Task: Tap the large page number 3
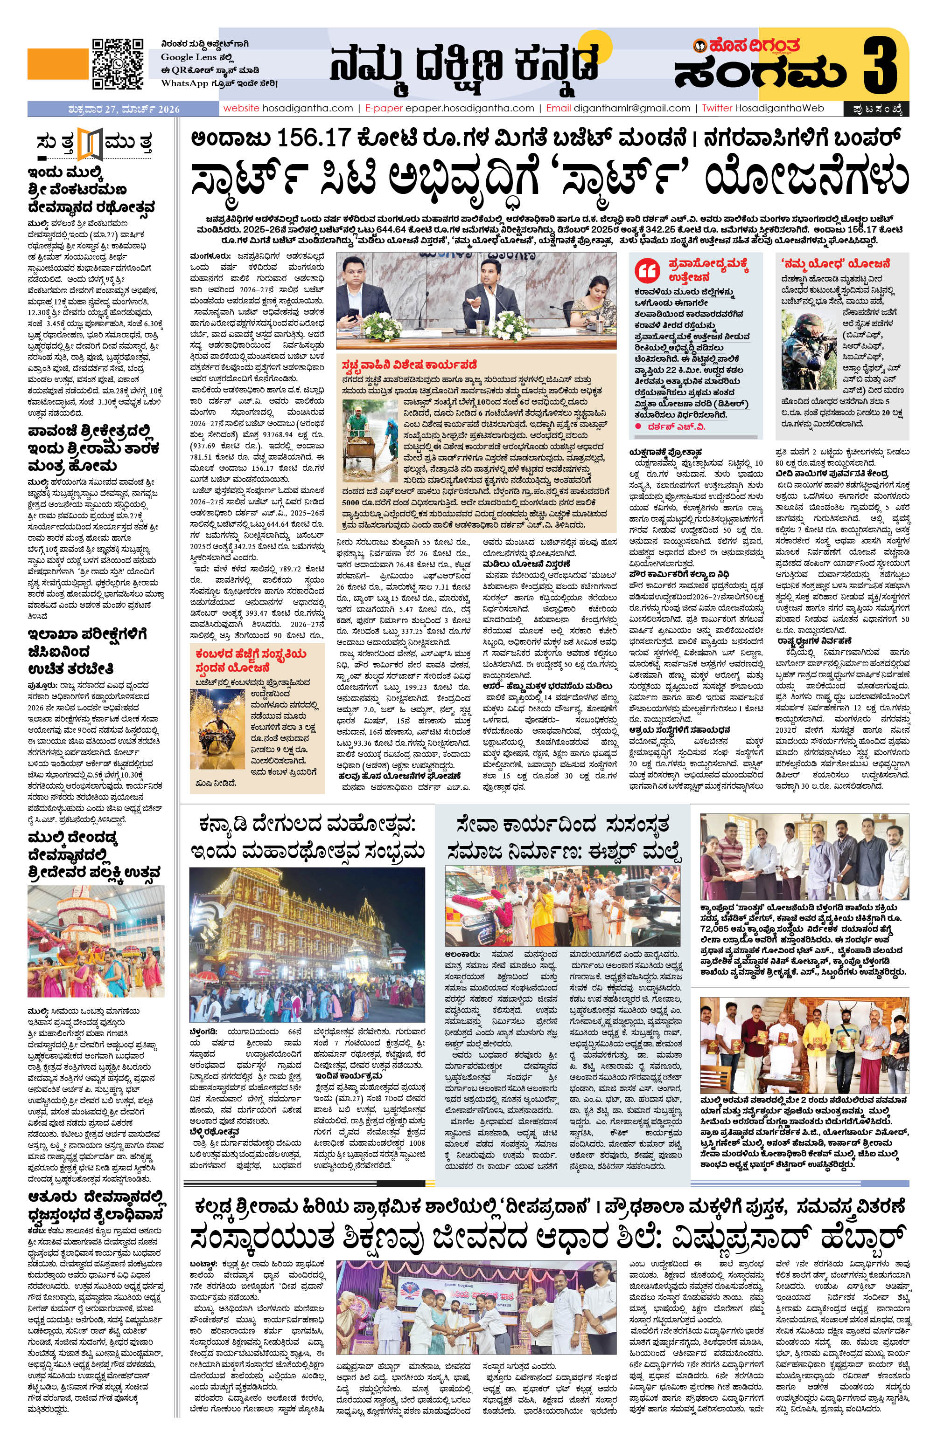tap(879, 66)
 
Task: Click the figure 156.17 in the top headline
tap(307, 138)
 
